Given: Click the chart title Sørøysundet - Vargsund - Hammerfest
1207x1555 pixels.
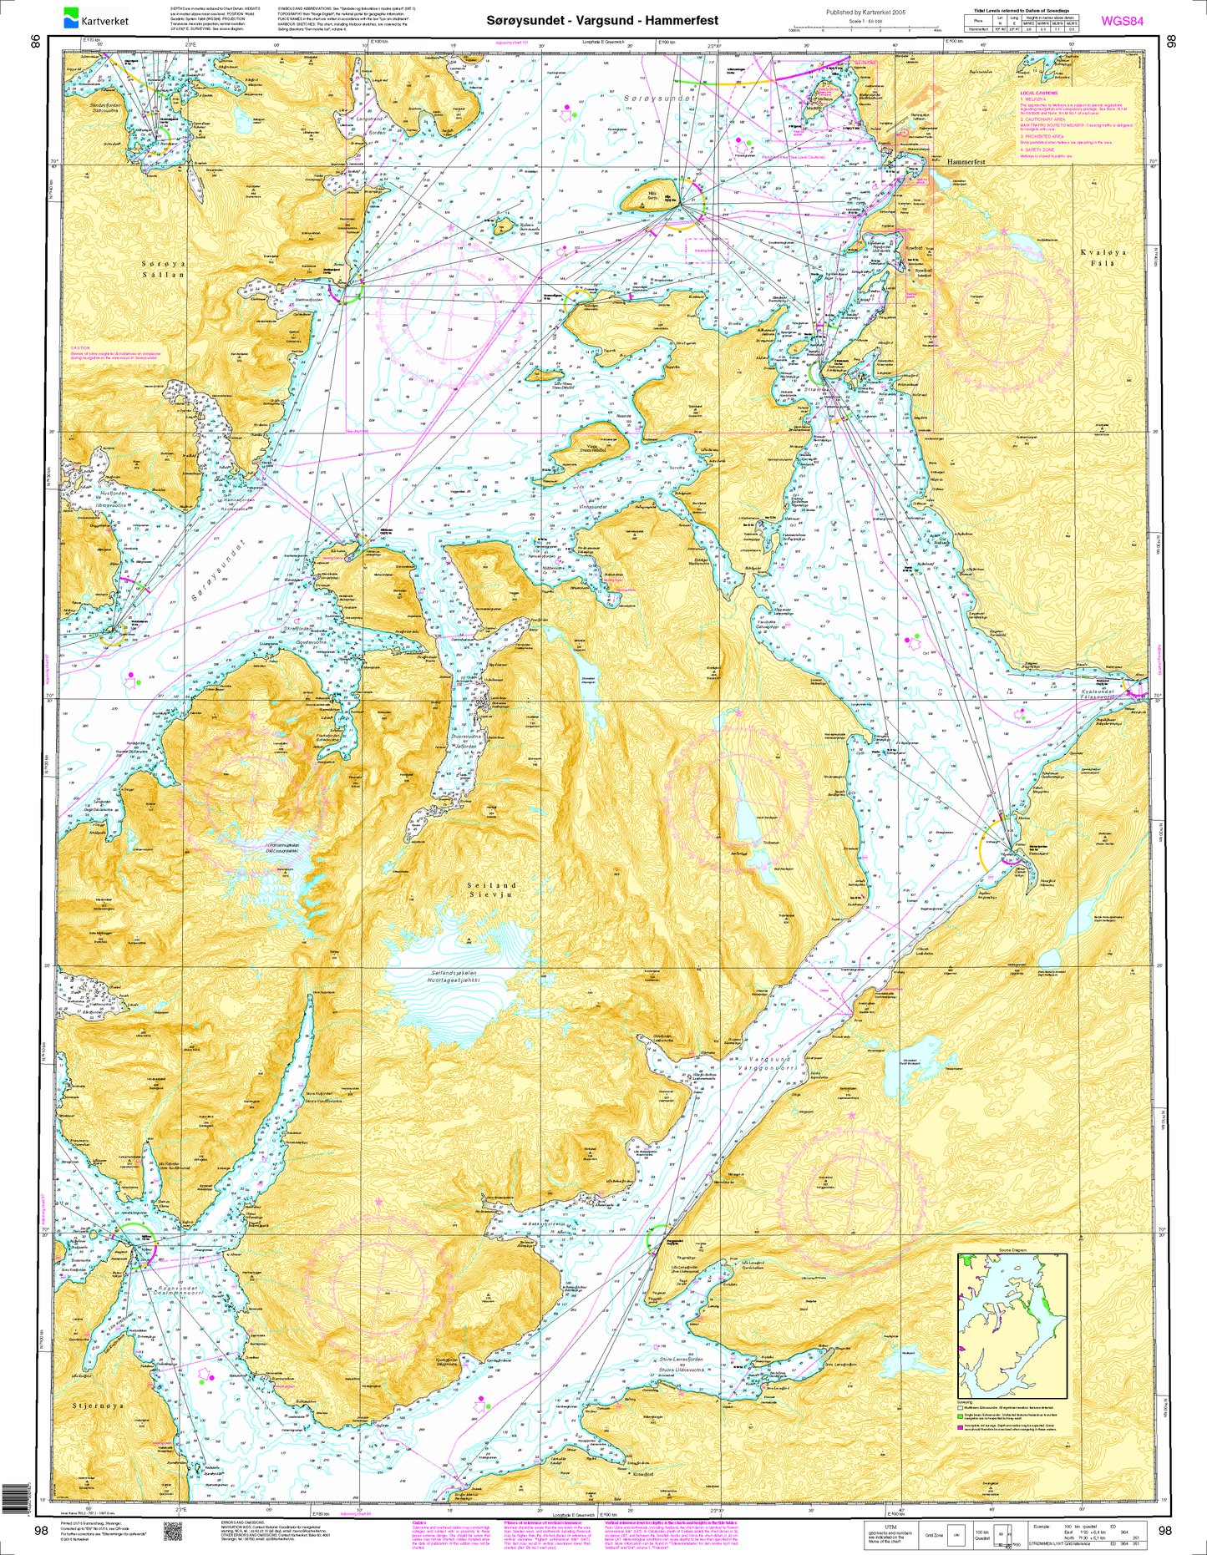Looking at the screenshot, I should tap(602, 19).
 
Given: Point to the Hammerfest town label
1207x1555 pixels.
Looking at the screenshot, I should tap(966, 161).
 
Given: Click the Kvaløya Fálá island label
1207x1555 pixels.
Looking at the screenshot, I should tap(1098, 257).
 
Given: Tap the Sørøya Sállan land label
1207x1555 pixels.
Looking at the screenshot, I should tap(164, 268).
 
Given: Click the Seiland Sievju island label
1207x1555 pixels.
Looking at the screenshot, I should tap(492, 889).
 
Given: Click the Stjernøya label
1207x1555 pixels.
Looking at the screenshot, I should tap(98, 1406).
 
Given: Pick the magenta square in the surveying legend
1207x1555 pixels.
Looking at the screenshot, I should tap(961, 1426).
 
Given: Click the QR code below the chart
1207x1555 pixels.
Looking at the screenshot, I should tap(173, 1531).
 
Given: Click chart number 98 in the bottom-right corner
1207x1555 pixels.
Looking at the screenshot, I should tap(1166, 1531).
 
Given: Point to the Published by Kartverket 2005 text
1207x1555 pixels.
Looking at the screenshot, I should tap(865, 13).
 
